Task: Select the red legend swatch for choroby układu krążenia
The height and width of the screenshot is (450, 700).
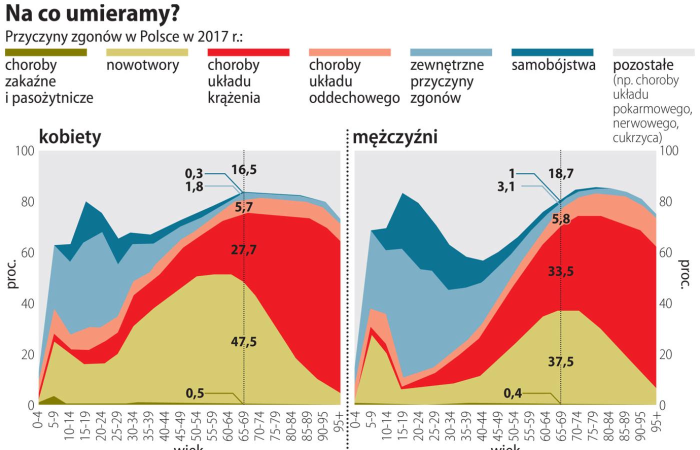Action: click(248, 52)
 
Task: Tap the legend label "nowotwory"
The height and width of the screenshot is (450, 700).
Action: click(142, 65)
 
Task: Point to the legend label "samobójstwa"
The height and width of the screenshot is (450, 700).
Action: click(553, 65)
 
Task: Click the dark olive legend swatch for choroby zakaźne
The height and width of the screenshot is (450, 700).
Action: click(46, 52)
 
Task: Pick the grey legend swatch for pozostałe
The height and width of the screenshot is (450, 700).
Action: click(653, 52)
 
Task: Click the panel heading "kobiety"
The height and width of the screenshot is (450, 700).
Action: click(70, 137)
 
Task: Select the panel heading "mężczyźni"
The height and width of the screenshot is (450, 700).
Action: click(395, 137)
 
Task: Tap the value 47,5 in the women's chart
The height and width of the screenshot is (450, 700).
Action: click(244, 341)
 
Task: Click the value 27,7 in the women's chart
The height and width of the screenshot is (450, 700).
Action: click(244, 249)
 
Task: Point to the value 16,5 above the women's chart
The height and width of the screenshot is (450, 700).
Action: click(244, 169)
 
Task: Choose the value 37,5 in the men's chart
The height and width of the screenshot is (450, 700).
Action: click(560, 361)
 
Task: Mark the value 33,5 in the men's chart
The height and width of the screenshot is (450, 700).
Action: click(560, 271)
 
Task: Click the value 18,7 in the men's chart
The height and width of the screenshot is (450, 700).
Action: click(560, 174)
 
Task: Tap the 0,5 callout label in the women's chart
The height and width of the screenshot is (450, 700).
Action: click(195, 393)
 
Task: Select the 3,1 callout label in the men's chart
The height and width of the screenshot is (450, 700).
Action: click(506, 187)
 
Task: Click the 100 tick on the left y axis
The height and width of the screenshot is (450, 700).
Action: click(24, 151)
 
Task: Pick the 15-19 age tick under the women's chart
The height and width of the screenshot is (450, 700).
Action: click(85, 425)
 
